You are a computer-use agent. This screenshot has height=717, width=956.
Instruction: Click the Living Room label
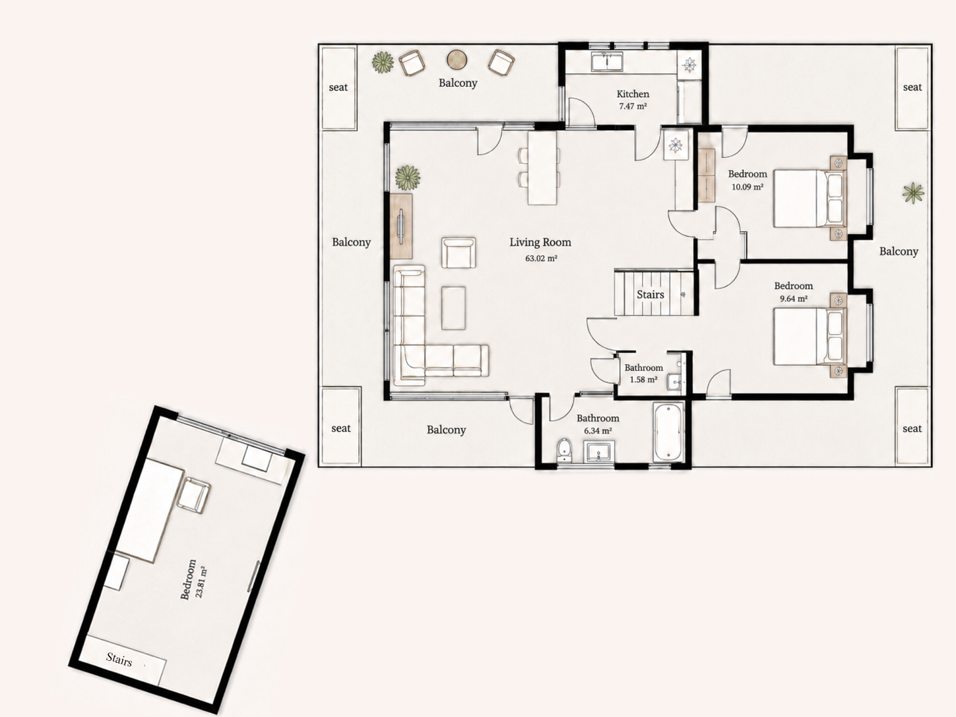540,242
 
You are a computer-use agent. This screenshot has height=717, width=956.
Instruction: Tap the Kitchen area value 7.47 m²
633,106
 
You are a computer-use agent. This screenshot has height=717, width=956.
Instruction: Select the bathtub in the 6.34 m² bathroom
668,432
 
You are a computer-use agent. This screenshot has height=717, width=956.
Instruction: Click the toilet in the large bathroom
565,450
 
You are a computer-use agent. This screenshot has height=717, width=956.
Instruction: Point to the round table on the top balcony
457,59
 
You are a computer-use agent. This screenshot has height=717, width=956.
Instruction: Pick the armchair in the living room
458,252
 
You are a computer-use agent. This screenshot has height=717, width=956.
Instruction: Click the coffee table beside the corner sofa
453,308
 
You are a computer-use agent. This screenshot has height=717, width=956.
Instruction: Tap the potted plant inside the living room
408,178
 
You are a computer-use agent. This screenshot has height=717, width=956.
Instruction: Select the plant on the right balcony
913,193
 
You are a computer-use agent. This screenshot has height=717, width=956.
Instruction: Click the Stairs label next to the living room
651,294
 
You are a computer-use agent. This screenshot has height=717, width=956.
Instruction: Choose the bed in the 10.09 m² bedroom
810,198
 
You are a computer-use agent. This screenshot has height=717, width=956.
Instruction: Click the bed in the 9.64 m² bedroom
810,335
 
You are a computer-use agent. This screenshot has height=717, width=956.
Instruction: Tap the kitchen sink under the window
607,61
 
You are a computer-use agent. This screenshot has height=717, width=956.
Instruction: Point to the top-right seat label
912,87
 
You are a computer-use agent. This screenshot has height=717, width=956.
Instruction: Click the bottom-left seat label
340,428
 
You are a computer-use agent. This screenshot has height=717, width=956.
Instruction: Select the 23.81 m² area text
201,582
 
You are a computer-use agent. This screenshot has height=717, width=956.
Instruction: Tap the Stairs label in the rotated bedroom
119,660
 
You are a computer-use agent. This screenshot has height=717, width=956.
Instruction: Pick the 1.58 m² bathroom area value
643,380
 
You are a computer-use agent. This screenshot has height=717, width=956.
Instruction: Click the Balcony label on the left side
351,242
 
